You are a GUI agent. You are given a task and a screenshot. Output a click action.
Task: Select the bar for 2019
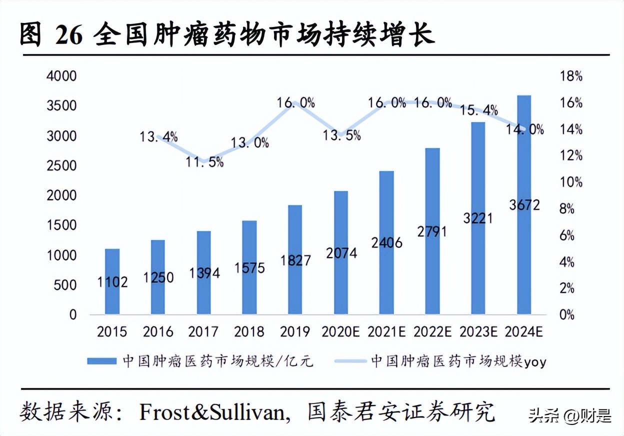tap(295, 259)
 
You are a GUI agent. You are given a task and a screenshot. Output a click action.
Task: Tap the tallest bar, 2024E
tap(523, 205)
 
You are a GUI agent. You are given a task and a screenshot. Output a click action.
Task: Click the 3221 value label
tap(477, 218)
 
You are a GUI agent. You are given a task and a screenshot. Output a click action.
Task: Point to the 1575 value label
tap(249, 268)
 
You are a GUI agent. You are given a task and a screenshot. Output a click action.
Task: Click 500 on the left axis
tap(65, 285)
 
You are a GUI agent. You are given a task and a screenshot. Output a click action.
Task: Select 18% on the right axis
tap(570, 76)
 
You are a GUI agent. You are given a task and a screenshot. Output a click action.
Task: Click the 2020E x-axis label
tap(341, 331)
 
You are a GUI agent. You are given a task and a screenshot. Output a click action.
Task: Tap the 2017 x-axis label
tap(203, 331)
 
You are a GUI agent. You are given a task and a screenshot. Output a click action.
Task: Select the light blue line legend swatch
tap(349, 361)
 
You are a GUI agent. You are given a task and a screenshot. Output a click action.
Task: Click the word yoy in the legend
tap(535, 362)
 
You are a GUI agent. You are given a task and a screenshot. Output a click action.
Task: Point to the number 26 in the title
tap(68, 36)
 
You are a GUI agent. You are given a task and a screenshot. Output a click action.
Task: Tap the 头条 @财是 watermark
tap(570, 415)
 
